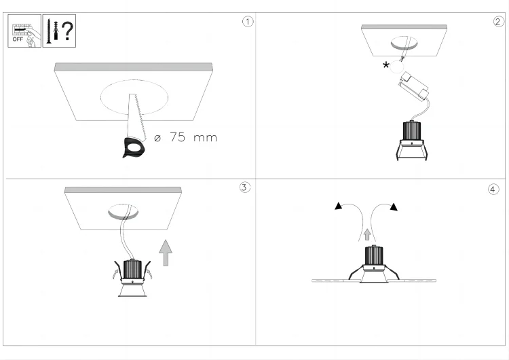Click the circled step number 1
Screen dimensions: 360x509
coord(248,21)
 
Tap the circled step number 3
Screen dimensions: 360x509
coord(246,187)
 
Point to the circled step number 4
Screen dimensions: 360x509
coord(493,188)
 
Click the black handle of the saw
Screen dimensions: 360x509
coord(135,146)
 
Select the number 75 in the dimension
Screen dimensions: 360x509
coord(177,138)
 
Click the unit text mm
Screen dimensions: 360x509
coord(205,139)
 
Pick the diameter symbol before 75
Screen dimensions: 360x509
coord(157,138)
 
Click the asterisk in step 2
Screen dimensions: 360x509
coord(386,66)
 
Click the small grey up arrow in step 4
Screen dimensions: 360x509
coord(367,234)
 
